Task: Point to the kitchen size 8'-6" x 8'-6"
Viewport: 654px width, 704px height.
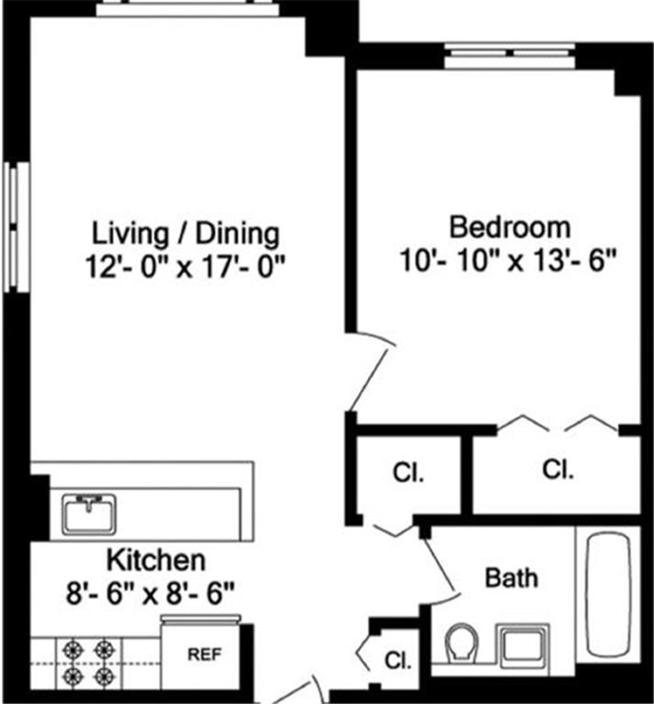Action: coord(150,593)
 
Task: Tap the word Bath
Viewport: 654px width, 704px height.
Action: coord(511,578)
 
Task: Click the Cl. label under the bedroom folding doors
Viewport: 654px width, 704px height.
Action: coord(558,469)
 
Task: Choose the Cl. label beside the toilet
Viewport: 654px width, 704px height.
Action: coord(398,660)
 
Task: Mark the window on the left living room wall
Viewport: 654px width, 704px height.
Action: coord(15,229)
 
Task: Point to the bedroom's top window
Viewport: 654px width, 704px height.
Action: coord(509,55)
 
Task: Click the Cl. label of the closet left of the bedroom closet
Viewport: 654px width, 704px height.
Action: coord(408,473)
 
